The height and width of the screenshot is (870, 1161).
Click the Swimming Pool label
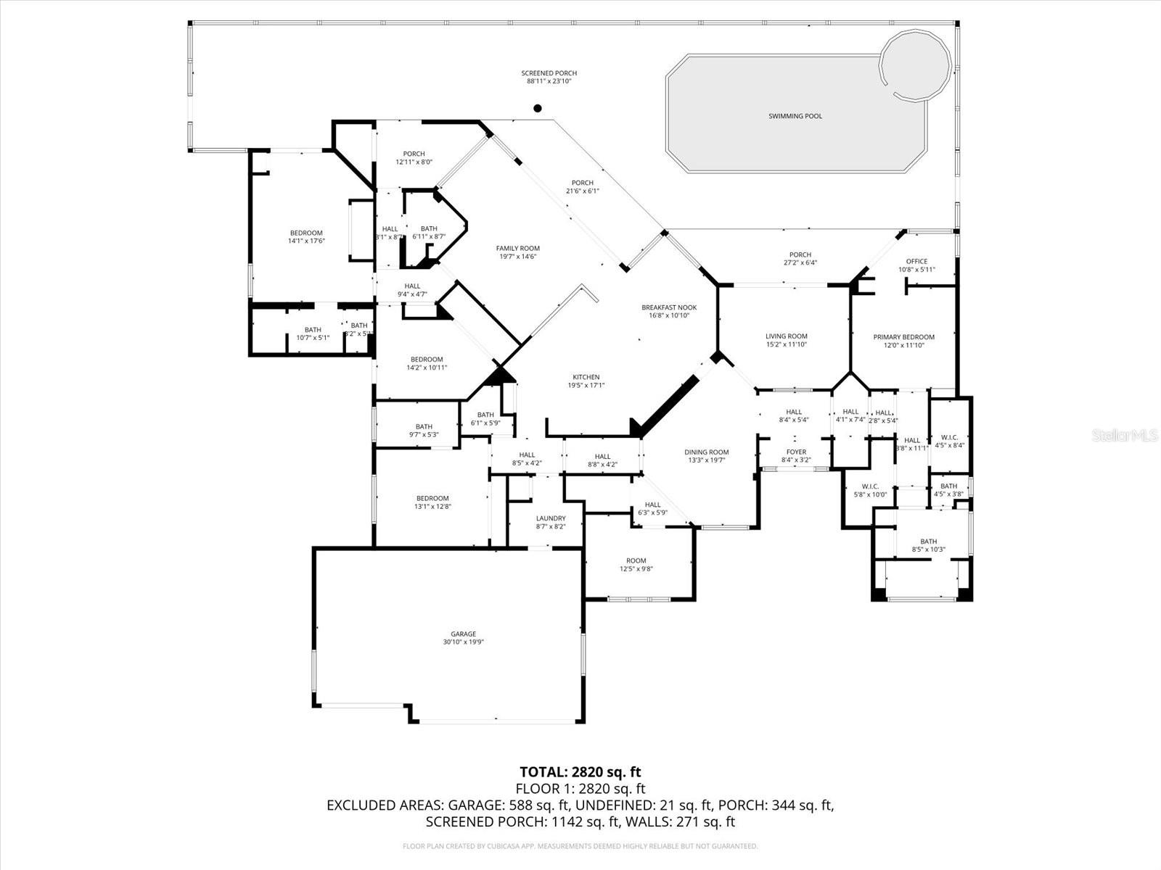tap(795, 116)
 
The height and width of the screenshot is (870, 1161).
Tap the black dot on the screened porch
tap(538, 109)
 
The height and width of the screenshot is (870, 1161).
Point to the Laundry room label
tap(551, 518)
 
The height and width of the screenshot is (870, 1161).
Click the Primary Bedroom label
tap(903, 337)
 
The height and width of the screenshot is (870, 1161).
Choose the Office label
tap(916, 262)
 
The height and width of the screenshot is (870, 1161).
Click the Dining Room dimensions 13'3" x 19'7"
tap(706, 460)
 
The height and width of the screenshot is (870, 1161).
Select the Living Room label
tap(787, 336)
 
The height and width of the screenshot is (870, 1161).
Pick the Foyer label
tap(796, 452)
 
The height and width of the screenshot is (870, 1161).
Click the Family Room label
tap(517, 248)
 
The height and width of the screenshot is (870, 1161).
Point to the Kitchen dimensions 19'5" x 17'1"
tap(586, 386)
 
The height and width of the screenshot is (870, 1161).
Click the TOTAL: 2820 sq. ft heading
tap(580, 771)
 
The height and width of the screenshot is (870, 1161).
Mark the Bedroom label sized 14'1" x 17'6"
tap(305, 233)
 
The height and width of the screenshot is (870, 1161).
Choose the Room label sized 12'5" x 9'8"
tap(636, 560)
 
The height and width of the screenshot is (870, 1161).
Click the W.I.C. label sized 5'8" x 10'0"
tap(870, 486)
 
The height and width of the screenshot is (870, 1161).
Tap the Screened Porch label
tap(549, 73)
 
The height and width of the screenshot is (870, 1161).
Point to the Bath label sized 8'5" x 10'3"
tap(928, 541)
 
